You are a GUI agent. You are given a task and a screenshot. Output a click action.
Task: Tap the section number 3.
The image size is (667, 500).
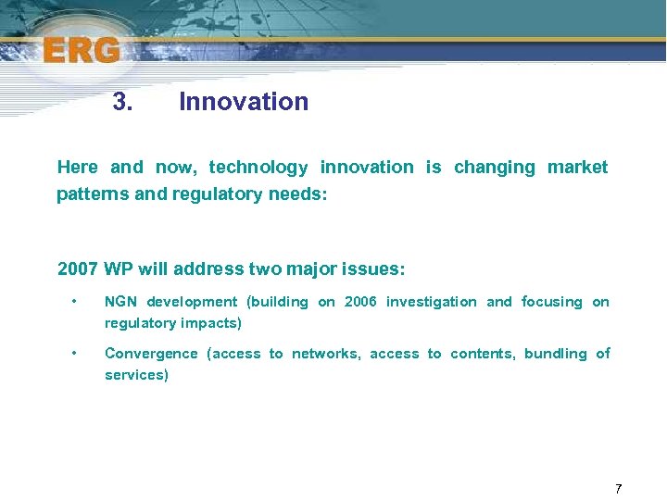pos(122,102)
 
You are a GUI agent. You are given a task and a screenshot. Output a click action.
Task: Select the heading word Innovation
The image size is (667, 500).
pos(244,102)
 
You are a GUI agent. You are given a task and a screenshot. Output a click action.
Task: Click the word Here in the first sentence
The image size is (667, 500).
pos(77,168)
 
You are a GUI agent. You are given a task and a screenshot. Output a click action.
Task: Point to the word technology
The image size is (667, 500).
pos(258,168)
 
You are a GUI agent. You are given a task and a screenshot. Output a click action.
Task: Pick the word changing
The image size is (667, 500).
pos(495,168)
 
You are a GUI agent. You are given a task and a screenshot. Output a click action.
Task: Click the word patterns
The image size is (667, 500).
pos(87,194)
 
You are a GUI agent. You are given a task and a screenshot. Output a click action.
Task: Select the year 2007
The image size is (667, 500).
pos(78,269)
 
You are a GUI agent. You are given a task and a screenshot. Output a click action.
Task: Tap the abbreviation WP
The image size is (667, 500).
pos(118,269)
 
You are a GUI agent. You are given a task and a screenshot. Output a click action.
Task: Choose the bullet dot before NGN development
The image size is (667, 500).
pos(73,302)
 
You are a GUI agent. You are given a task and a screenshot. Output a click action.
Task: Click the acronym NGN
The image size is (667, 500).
pos(120,302)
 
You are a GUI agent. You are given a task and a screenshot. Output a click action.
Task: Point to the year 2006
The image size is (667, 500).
pos(360,302)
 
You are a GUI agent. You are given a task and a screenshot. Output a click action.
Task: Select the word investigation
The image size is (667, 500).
pos(431,302)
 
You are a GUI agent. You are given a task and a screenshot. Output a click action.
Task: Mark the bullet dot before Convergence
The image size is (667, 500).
pos(73,354)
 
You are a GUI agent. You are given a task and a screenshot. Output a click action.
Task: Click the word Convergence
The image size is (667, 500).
pos(151,354)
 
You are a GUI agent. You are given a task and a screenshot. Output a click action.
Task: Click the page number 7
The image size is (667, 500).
pos(618,488)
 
